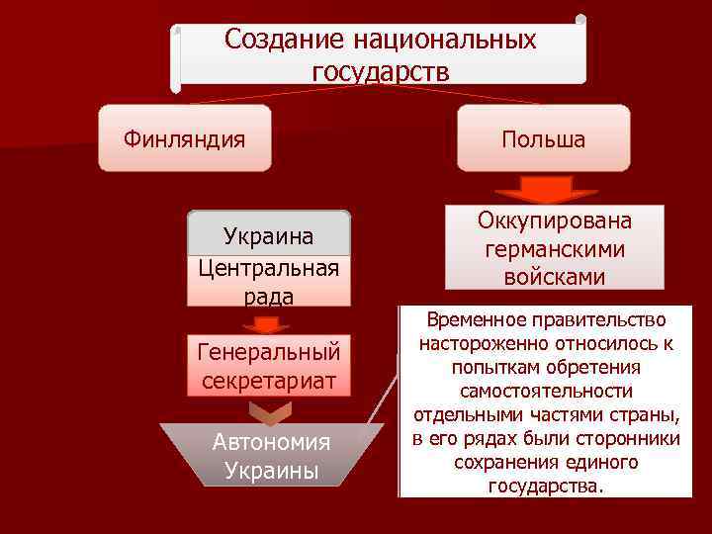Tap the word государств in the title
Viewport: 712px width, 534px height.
click(x=380, y=71)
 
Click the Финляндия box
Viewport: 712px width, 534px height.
click(x=184, y=138)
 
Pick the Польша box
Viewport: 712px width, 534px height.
click(x=543, y=139)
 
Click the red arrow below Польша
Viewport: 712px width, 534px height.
click(x=543, y=190)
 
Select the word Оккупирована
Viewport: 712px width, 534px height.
click(x=554, y=221)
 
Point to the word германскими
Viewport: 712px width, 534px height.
click(x=554, y=249)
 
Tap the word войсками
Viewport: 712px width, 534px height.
click(x=554, y=277)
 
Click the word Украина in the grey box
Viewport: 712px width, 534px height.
click(x=268, y=237)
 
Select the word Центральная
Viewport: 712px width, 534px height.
click(x=268, y=267)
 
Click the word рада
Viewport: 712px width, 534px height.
click(x=268, y=296)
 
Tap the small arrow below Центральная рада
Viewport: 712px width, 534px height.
click(x=268, y=323)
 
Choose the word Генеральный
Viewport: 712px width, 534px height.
click(x=268, y=352)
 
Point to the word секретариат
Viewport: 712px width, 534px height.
click(x=268, y=381)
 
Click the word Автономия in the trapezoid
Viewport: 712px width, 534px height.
click(x=271, y=442)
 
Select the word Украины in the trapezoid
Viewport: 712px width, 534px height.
click(x=271, y=471)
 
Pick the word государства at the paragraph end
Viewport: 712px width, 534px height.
click(x=544, y=486)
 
